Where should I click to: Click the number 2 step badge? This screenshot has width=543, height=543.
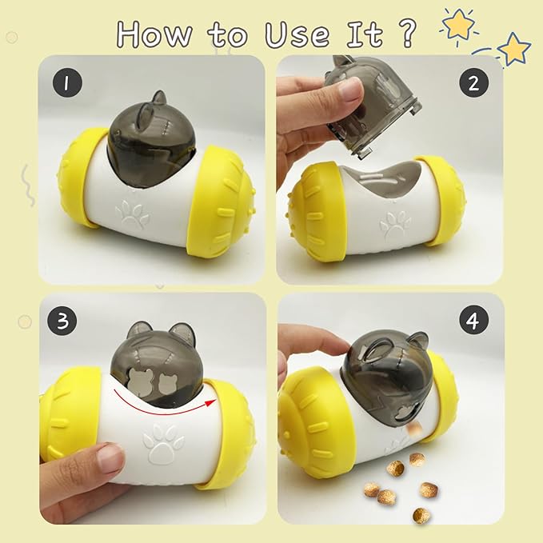pyautogui.click(x=473, y=82)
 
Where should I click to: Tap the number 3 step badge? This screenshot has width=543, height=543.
pyautogui.click(x=62, y=321)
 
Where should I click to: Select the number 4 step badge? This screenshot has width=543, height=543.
pyautogui.click(x=473, y=321)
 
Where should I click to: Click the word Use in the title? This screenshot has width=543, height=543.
pyautogui.click(x=297, y=34)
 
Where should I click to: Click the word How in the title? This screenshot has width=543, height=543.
pyautogui.click(x=154, y=34)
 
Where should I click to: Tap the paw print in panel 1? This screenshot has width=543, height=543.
pyautogui.click(x=132, y=215)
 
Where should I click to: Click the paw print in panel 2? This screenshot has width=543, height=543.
pyautogui.click(x=396, y=223)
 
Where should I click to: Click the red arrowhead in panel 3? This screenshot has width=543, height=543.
pyautogui.click(x=210, y=402)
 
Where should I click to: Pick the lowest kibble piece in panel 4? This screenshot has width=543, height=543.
pyautogui.click(x=421, y=515)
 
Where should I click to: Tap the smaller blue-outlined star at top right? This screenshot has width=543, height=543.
pyautogui.click(x=514, y=49)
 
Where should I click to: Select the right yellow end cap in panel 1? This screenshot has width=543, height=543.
pyautogui.click(x=221, y=204)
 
